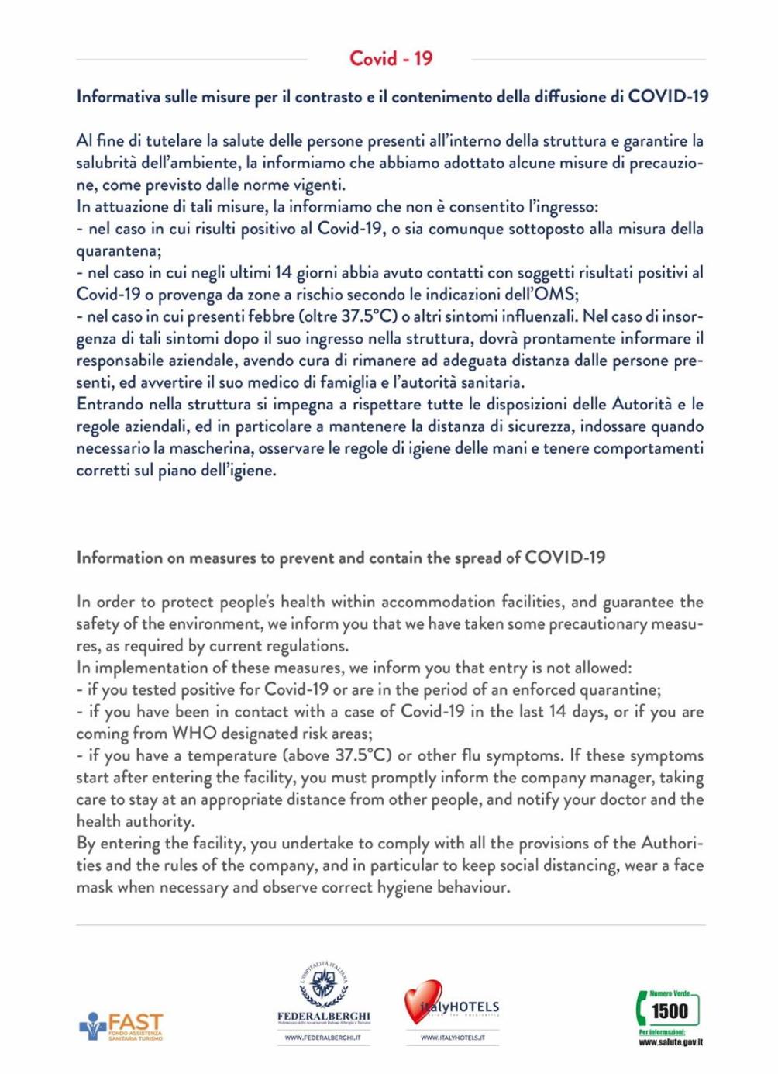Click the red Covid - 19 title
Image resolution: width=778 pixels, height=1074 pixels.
[x=391, y=58]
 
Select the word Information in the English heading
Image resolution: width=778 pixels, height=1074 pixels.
[x=119, y=558]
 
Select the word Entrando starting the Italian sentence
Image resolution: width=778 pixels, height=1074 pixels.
[x=108, y=404]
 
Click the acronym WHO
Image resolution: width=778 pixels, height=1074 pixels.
[x=194, y=734]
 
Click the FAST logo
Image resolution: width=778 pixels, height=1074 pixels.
[x=122, y=1026]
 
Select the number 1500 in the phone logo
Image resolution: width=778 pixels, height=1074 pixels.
[x=670, y=1010]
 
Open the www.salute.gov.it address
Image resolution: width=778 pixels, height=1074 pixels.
[x=671, y=1042]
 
